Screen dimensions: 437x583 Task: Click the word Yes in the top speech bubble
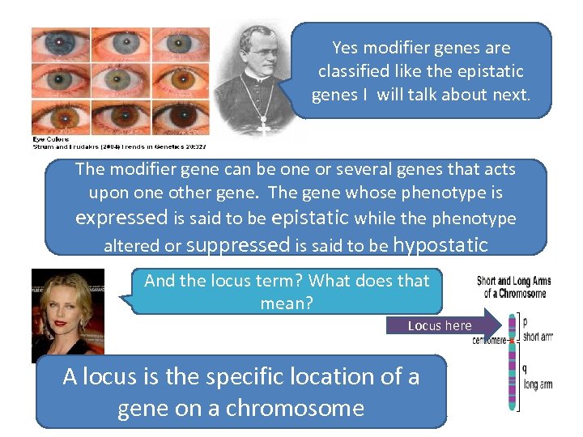(345, 49)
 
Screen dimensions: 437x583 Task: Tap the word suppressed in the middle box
(238, 244)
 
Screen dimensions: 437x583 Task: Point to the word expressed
(121, 218)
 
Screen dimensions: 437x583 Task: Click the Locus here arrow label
(440, 325)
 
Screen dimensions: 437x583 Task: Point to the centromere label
(489, 341)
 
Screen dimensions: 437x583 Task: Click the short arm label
(538, 337)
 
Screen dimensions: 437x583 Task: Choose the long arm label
(538, 385)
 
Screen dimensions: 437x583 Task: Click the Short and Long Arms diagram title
(514, 286)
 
